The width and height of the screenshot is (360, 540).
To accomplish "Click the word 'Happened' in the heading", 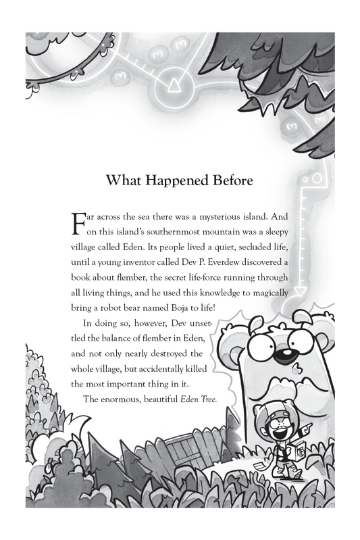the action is [x=171, y=181].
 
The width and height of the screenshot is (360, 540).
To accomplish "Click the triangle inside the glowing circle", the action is [x=172, y=84].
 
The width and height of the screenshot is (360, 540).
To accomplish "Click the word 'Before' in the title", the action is [x=228, y=181].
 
